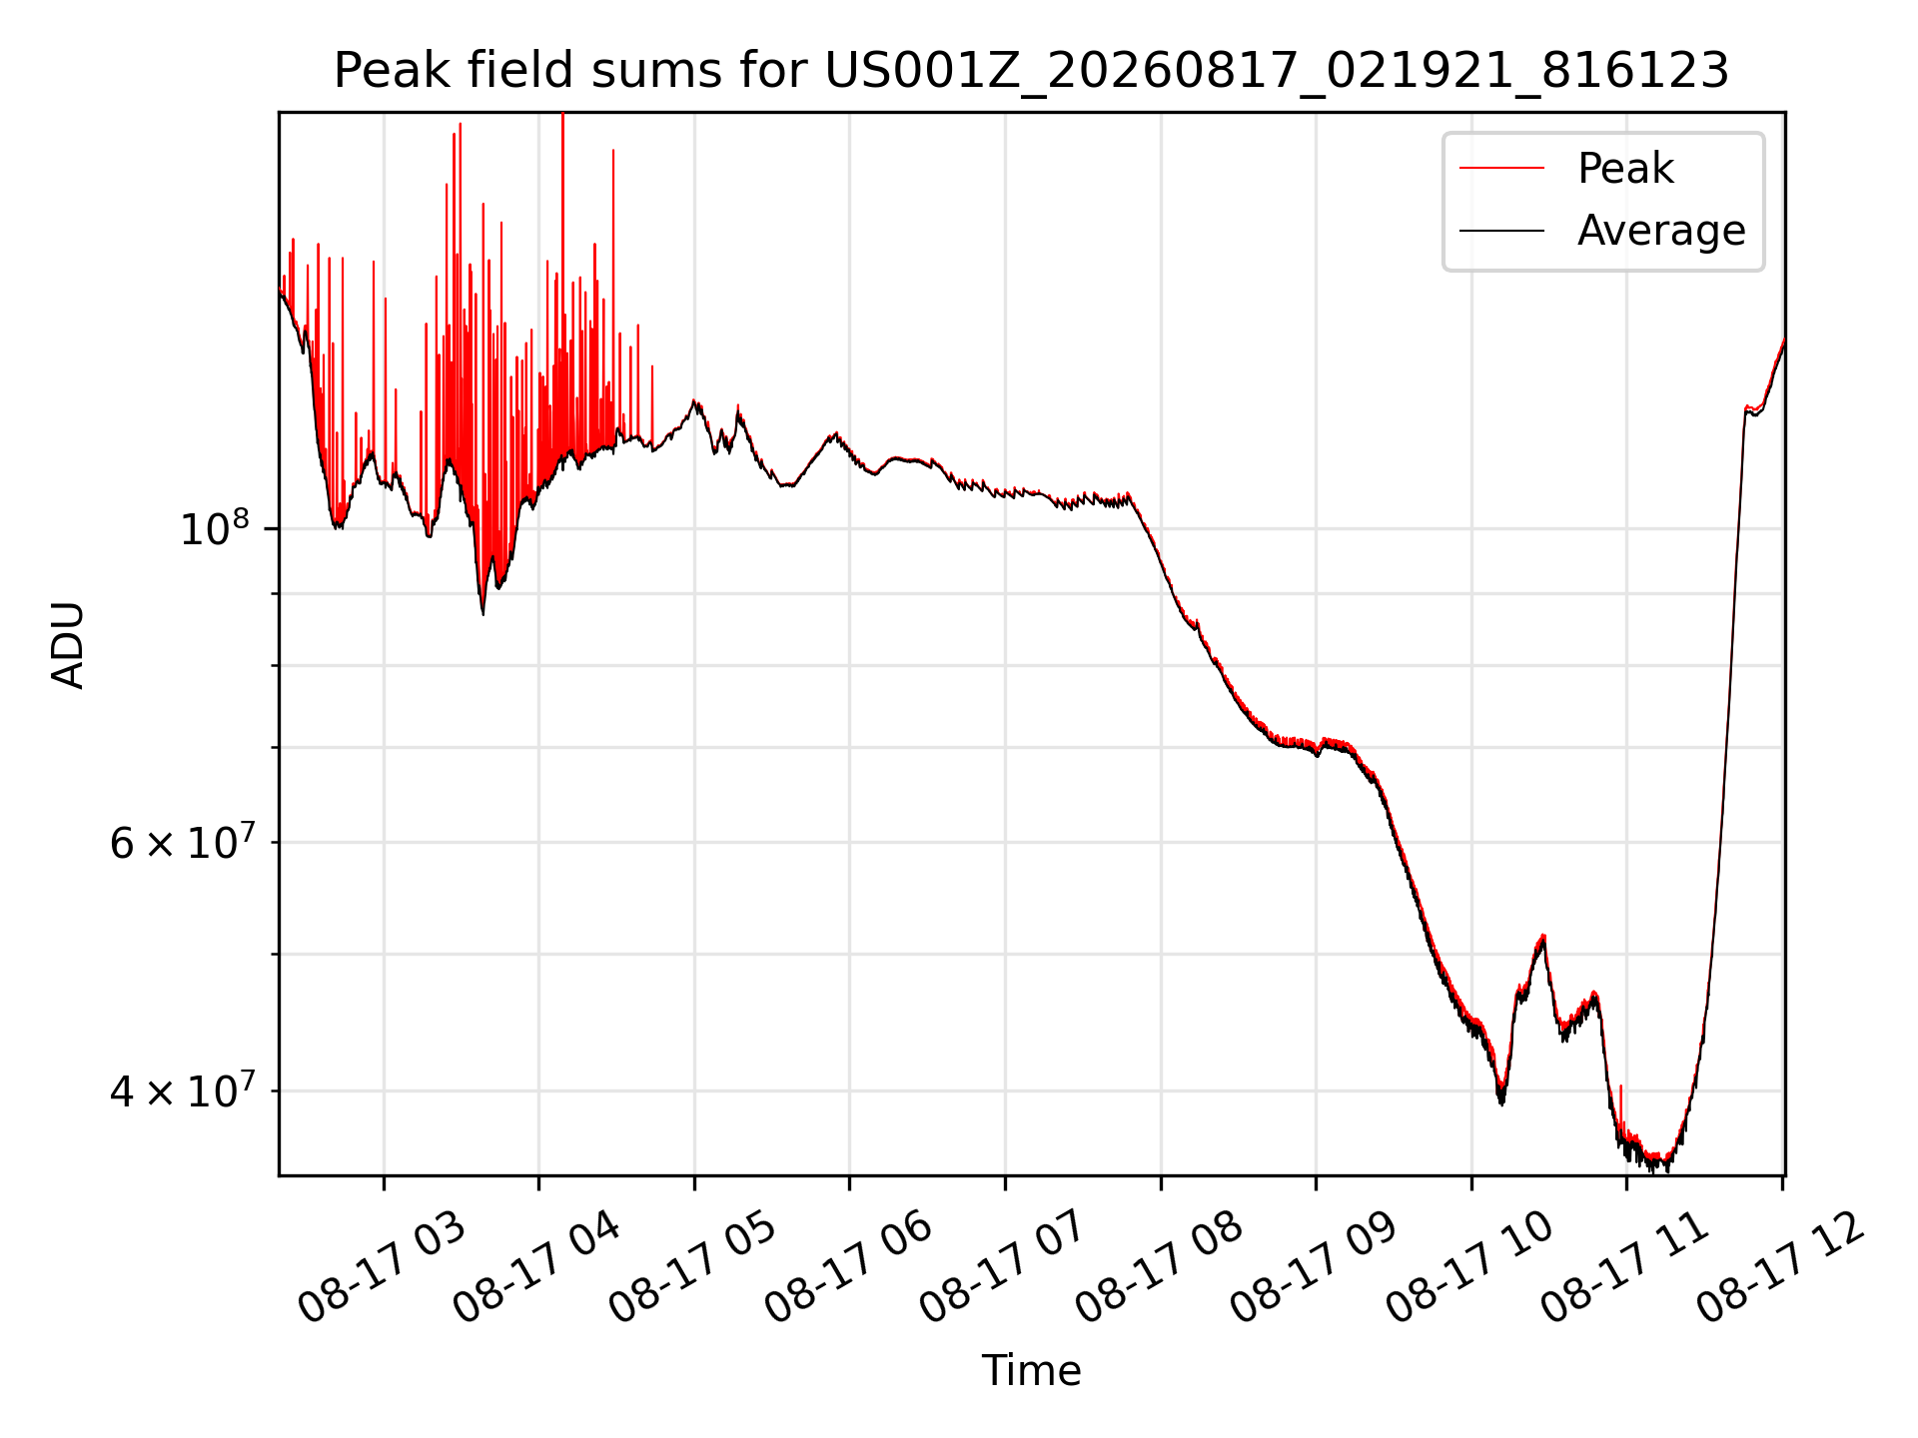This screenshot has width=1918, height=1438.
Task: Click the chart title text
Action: coord(1031,71)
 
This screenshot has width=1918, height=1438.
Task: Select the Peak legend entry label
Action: coord(1625,168)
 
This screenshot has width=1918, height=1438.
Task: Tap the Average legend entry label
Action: coord(1661,231)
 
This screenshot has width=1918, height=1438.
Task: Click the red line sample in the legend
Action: coord(1501,168)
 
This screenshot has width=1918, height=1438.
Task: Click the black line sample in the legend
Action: coord(1501,231)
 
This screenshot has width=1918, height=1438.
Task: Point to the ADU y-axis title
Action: coord(68,644)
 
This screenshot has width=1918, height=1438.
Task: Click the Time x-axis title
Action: coord(1031,1370)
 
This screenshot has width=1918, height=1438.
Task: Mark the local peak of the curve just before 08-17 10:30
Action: coord(1543,936)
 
